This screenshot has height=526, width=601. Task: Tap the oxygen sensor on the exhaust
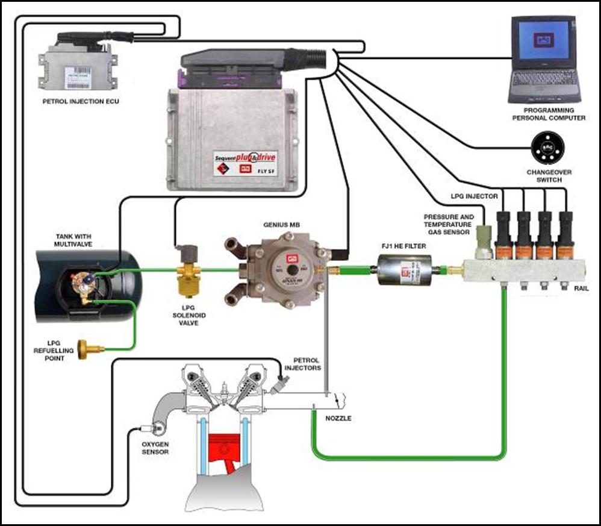click(x=158, y=429)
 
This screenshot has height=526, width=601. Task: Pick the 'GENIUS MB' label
click(x=281, y=225)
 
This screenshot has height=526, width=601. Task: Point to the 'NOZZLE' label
click(x=338, y=418)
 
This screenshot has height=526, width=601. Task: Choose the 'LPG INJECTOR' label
click(x=474, y=196)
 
